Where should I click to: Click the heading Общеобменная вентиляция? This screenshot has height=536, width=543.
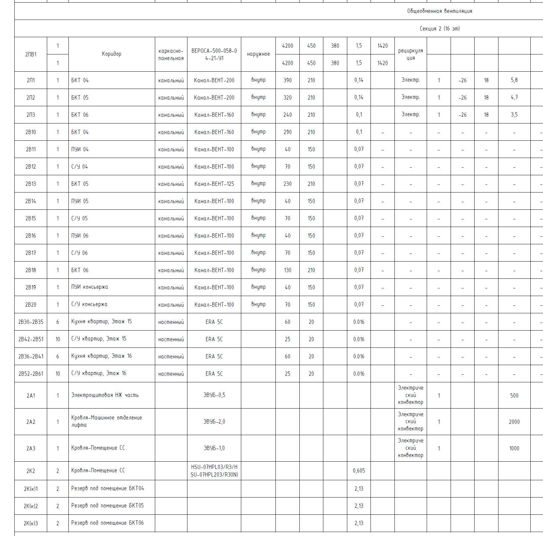[x=439, y=11]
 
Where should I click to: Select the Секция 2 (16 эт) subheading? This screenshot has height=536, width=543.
[x=439, y=29]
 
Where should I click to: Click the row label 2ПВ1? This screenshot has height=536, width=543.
[x=31, y=54]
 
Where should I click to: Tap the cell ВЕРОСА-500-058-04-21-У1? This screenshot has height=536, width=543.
[x=214, y=54]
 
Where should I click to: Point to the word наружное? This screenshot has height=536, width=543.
[x=258, y=54]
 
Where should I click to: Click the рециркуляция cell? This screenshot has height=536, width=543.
[x=410, y=54]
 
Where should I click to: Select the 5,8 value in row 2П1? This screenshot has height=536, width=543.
[x=514, y=80]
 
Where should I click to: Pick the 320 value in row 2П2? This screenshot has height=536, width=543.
[x=287, y=98]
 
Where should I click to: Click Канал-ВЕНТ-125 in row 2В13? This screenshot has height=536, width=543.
[x=214, y=184]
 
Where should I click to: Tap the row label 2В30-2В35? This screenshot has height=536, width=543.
[x=31, y=322]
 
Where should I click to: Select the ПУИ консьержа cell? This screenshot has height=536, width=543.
[x=89, y=287]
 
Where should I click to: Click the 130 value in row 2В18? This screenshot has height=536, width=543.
[x=287, y=270]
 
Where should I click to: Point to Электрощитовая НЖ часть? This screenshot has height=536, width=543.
[x=105, y=395]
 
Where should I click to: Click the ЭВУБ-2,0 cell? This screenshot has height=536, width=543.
[x=214, y=421]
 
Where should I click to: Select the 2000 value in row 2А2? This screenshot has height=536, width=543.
[x=514, y=422]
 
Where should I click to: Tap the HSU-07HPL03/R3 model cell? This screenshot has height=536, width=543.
[x=214, y=471]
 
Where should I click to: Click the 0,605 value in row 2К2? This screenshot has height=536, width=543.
[x=359, y=471]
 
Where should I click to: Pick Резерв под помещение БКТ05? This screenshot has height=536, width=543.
[x=107, y=505]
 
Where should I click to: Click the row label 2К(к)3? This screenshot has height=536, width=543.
[x=31, y=523]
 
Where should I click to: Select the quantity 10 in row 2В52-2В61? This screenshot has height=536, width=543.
[x=57, y=374]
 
